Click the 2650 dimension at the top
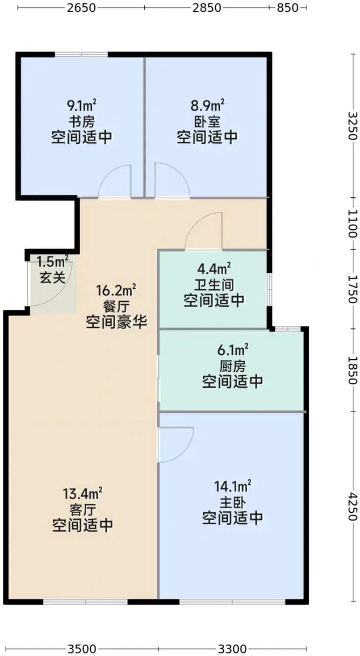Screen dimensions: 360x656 click(81, 7)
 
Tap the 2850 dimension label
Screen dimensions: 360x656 click(207, 7)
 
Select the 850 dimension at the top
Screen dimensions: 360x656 click(287, 7)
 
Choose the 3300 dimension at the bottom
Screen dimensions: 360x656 click(232, 649)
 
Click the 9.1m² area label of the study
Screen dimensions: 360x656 click(82, 105)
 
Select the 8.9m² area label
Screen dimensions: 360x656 click(208, 105)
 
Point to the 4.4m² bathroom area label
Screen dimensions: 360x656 click(214, 268)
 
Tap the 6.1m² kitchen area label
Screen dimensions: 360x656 click(233, 350)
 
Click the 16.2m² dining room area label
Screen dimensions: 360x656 click(116, 291)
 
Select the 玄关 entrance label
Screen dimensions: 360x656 click(52, 277)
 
